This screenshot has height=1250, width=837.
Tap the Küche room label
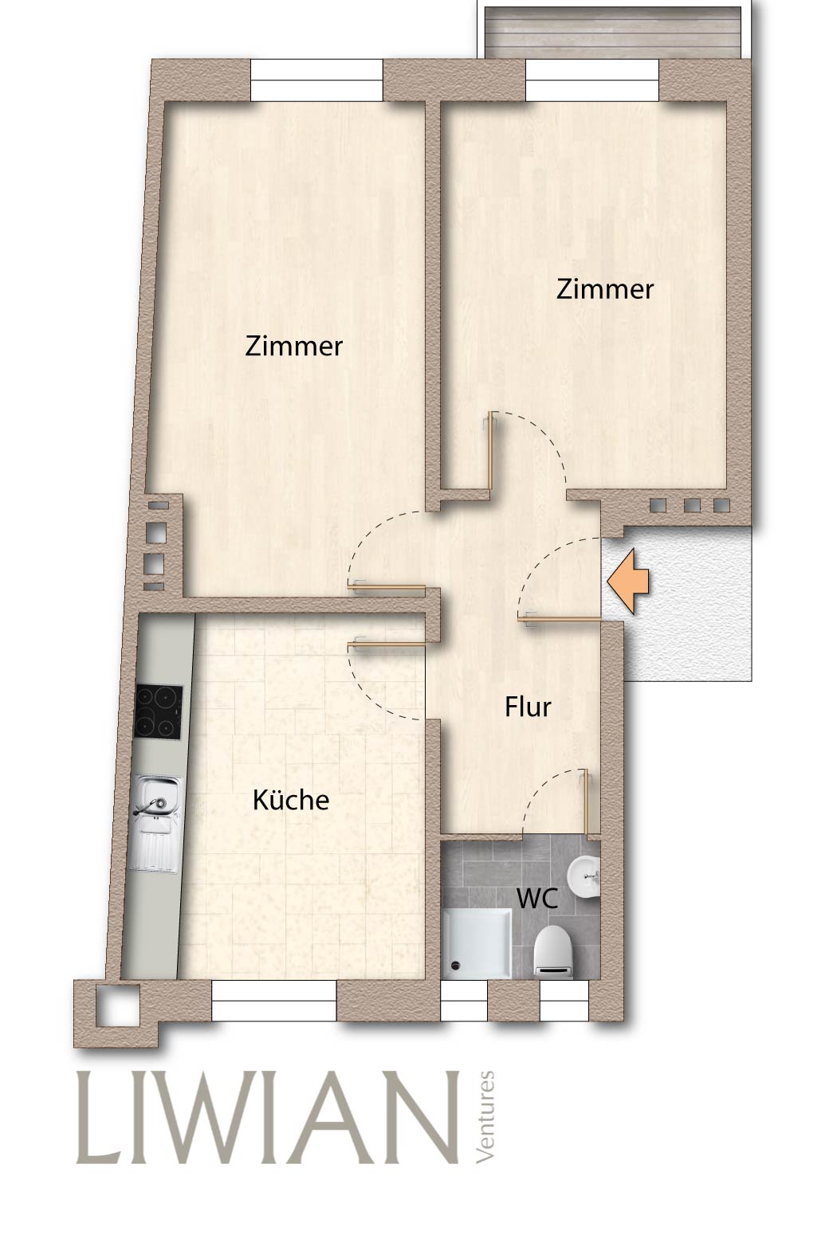tap(291, 799)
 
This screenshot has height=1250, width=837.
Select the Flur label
tap(528, 707)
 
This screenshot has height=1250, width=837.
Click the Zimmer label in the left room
tap(293, 346)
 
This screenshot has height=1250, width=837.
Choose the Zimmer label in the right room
tap(605, 290)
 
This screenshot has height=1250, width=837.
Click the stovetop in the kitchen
tap(159, 712)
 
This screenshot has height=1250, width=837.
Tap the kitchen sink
tap(156, 824)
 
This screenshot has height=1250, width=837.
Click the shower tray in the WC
tap(477, 943)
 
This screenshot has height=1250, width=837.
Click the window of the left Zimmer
tap(316, 80)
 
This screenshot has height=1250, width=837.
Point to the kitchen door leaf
tap(387, 645)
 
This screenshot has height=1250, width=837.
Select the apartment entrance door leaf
tap(559, 619)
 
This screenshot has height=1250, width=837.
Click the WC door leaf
tap(586, 804)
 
